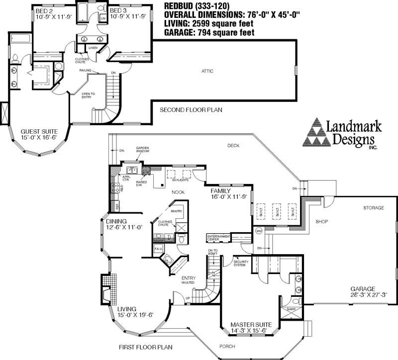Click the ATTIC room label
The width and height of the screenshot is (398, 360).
(207, 71)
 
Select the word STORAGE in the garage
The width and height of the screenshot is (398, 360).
(373, 207)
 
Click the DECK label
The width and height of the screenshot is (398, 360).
(234, 146)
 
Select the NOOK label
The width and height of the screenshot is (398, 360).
(179, 191)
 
